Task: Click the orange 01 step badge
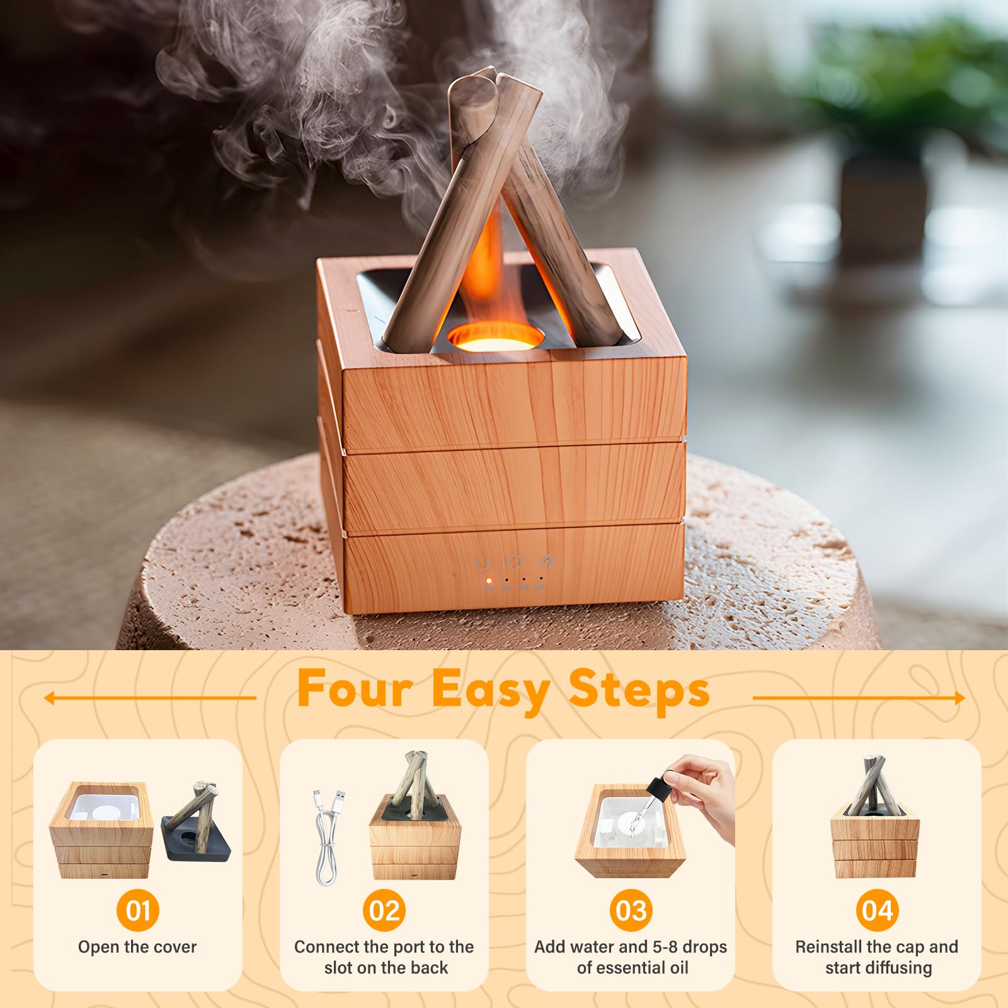tap(138, 910)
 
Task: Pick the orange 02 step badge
tap(384, 910)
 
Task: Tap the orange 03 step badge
tap(631, 910)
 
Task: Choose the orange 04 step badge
tap(877, 910)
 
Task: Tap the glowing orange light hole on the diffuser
tap(495, 337)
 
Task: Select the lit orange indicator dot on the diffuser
tap(488, 580)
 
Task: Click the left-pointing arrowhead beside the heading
tap(49, 698)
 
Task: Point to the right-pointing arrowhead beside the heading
tap(959, 698)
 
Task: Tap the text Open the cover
tap(137, 947)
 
